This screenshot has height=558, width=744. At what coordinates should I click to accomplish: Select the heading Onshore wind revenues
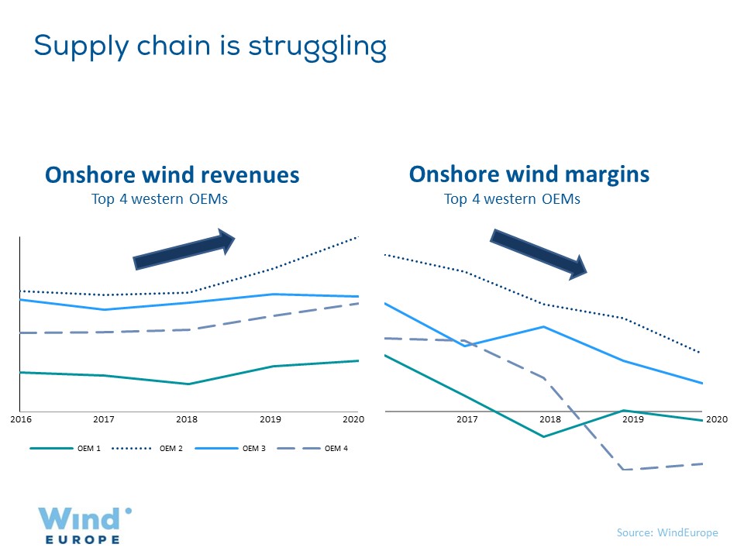(x=172, y=175)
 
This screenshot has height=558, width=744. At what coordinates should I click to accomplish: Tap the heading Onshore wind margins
(x=529, y=174)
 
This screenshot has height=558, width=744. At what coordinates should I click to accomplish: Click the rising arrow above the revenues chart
(x=184, y=250)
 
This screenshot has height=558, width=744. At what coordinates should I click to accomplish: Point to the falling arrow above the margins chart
(x=539, y=253)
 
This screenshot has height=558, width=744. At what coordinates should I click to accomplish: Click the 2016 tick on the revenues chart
(x=20, y=419)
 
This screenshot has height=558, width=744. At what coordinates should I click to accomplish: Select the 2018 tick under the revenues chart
(x=187, y=419)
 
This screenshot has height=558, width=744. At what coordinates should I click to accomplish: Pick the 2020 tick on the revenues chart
(x=353, y=419)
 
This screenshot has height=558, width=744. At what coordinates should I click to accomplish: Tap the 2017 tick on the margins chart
(x=467, y=419)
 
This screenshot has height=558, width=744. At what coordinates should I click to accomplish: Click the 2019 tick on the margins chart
(x=634, y=419)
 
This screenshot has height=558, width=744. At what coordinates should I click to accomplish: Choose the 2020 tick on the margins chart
(x=717, y=419)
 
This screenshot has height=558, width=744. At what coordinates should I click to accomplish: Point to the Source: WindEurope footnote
(x=667, y=532)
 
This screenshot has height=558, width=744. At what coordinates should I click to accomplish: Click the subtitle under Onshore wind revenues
(x=160, y=199)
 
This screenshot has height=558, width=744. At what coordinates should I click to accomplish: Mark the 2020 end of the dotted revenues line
(x=357, y=237)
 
